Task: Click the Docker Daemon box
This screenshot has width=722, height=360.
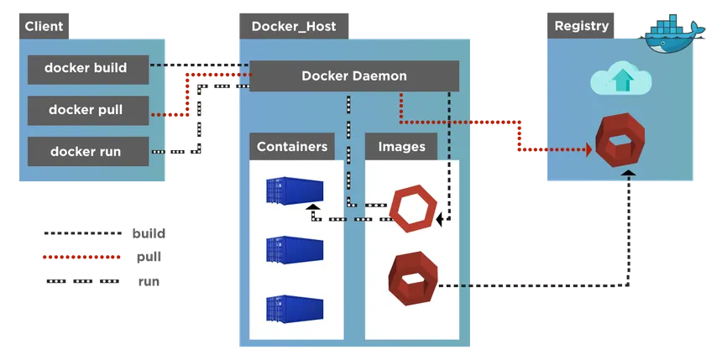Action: [x=354, y=76]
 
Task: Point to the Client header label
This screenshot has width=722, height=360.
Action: [x=44, y=26]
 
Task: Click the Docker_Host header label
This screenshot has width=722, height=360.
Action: [x=294, y=26]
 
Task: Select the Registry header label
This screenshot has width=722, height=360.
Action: [x=581, y=26]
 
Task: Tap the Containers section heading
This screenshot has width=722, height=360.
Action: [x=292, y=146]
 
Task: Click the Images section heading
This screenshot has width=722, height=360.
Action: [x=401, y=146]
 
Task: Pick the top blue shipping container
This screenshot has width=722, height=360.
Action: [x=295, y=190]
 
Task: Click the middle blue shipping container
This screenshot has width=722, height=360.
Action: [x=295, y=249]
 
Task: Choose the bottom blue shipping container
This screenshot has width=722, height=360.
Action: [x=295, y=309]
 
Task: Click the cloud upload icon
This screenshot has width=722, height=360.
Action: [x=621, y=81]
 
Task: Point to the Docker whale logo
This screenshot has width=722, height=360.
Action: [x=672, y=35]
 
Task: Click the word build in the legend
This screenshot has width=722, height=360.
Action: [x=149, y=233]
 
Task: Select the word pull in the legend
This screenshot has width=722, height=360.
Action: [x=149, y=257]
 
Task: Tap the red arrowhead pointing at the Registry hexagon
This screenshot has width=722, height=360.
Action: [x=589, y=149]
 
